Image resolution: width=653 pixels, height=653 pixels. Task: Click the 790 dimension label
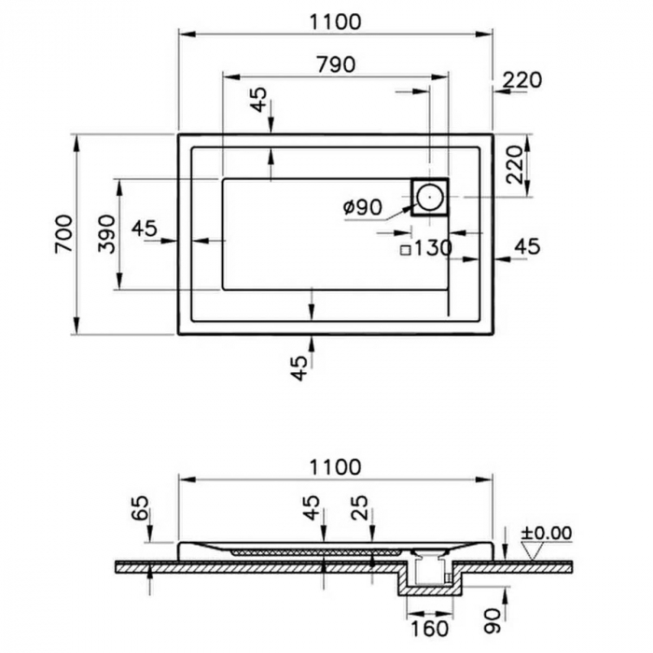click(x=336, y=64)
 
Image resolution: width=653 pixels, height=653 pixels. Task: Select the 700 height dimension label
click(x=63, y=233)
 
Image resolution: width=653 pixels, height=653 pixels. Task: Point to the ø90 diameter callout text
click(x=363, y=207)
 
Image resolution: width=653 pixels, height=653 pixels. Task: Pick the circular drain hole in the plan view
click(x=429, y=197)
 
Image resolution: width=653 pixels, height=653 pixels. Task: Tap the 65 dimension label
click(x=140, y=509)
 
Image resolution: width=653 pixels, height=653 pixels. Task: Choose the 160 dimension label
click(x=429, y=630)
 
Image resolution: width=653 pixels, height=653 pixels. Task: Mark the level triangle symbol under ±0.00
click(x=534, y=550)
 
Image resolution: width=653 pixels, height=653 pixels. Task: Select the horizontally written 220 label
click(x=521, y=80)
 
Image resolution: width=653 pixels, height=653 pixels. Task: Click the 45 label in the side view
click(x=312, y=509)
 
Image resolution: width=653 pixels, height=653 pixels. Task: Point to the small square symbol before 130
click(x=405, y=249)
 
